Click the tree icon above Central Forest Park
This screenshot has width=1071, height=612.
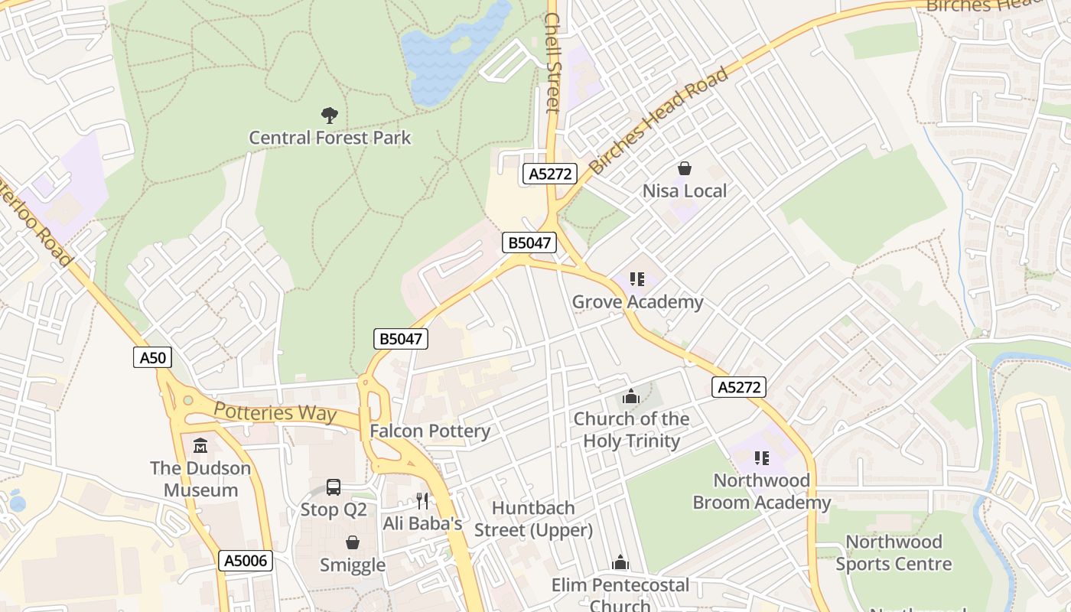tap(330, 116)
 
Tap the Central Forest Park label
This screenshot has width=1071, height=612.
tap(330, 138)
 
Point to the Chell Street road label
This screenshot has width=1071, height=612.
tap(552, 63)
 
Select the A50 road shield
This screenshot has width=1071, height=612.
tap(152, 357)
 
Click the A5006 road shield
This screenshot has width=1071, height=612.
tap(246, 561)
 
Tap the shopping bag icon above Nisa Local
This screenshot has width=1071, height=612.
tap(685, 168)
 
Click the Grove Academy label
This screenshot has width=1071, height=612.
tap(637, 302)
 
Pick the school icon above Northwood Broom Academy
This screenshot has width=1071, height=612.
tap(761, 458)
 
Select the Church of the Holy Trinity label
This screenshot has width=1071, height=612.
tap(631, 430)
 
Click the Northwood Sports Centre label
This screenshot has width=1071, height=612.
tap(893, 553)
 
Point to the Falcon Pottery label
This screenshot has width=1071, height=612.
tap(430, 431)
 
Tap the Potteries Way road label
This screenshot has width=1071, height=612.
tap(275, 412)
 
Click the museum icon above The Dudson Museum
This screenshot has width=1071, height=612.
tap(200, 445)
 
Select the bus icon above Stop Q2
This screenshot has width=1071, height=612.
tap(334, 487)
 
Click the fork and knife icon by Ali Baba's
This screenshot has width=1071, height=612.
tap(422, 501)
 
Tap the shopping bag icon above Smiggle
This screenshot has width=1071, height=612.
tap(353, 542)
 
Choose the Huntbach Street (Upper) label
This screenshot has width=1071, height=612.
tap(533, 519)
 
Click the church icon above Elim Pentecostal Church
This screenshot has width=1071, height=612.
tap(620, 563)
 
